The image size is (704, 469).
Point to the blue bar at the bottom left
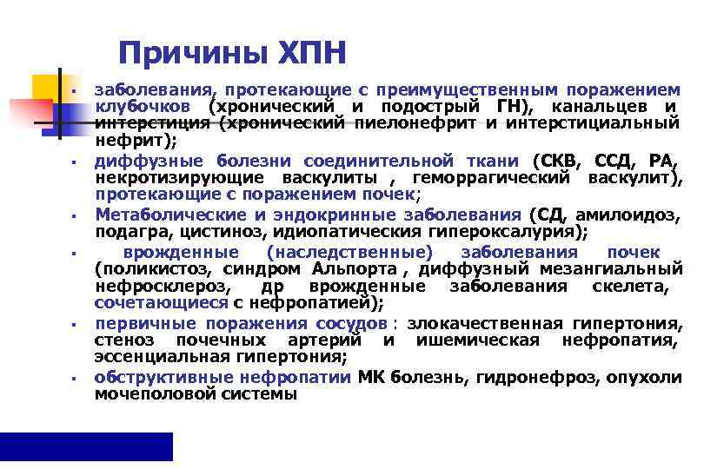coord(86,446)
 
